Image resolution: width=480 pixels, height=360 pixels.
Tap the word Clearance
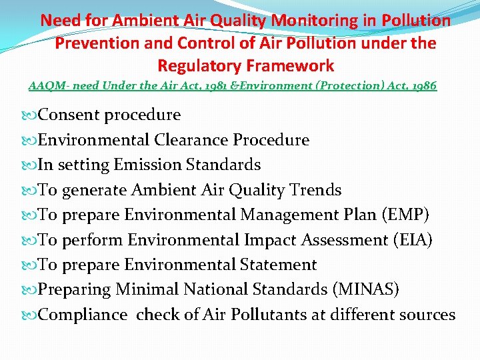(x=191, y=140)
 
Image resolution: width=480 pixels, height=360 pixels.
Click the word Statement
(x=277, y=265)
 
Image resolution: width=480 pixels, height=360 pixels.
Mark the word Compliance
(x=83, y=315)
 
